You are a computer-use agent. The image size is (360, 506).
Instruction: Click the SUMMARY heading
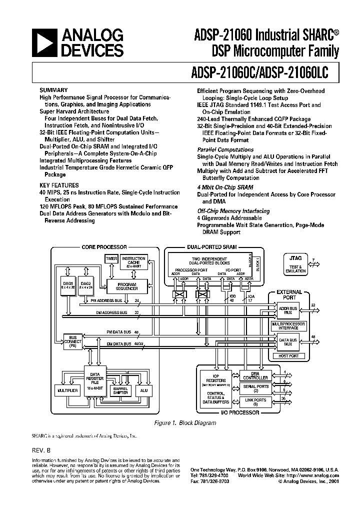click(52, 90)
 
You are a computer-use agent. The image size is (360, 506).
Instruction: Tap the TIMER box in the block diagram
click(111, 258)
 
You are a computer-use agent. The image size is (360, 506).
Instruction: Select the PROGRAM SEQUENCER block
click(127, 286)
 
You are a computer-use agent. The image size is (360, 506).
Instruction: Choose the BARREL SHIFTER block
click(120, 391)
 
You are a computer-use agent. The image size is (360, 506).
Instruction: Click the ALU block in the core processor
click(143, 390)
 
